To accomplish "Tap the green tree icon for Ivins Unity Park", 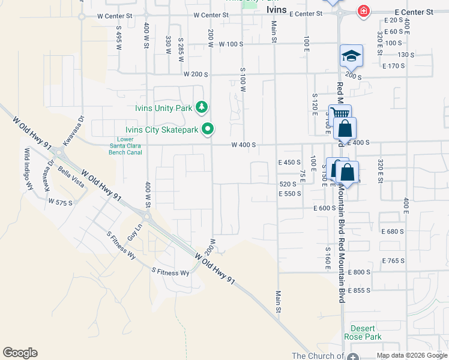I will pyautogui.click(x=202, y=108).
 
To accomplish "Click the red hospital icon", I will pyautogui.click(x=363, y=11).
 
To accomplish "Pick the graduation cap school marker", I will pyautogui.click(x=351, y=56).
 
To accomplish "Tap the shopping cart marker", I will pyautogui.click(x=339, y=114).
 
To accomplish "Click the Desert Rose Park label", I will pyautogui.click(x=363, y=332).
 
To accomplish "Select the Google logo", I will pyautogui.click(x=20, y=353).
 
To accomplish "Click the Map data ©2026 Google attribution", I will pyautogui.click(x=411, y=355).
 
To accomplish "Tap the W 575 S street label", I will pyautogui.click(x=61, y=202).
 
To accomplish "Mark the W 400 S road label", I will pyautogui.click(x=244, y=145).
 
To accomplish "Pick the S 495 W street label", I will pyautogui.click(x=119, y=37).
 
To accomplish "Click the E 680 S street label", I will pyautogui.click(x=394, y=232).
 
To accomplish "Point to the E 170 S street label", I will pyautogui.click(x=394, y=65).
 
